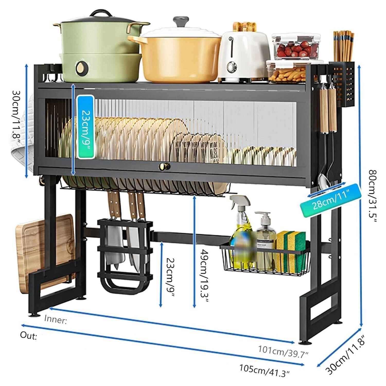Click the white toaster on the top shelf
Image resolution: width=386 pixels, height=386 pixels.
coord(243,57)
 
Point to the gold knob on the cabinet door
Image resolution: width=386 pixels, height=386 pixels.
coord(164,166)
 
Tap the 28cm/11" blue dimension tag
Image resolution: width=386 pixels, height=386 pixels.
coord(331,200)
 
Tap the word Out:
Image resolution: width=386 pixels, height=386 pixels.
coord(28,335)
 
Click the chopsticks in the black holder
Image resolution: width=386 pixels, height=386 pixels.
coord(343,45)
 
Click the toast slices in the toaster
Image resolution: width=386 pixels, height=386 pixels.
coord(244,27)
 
